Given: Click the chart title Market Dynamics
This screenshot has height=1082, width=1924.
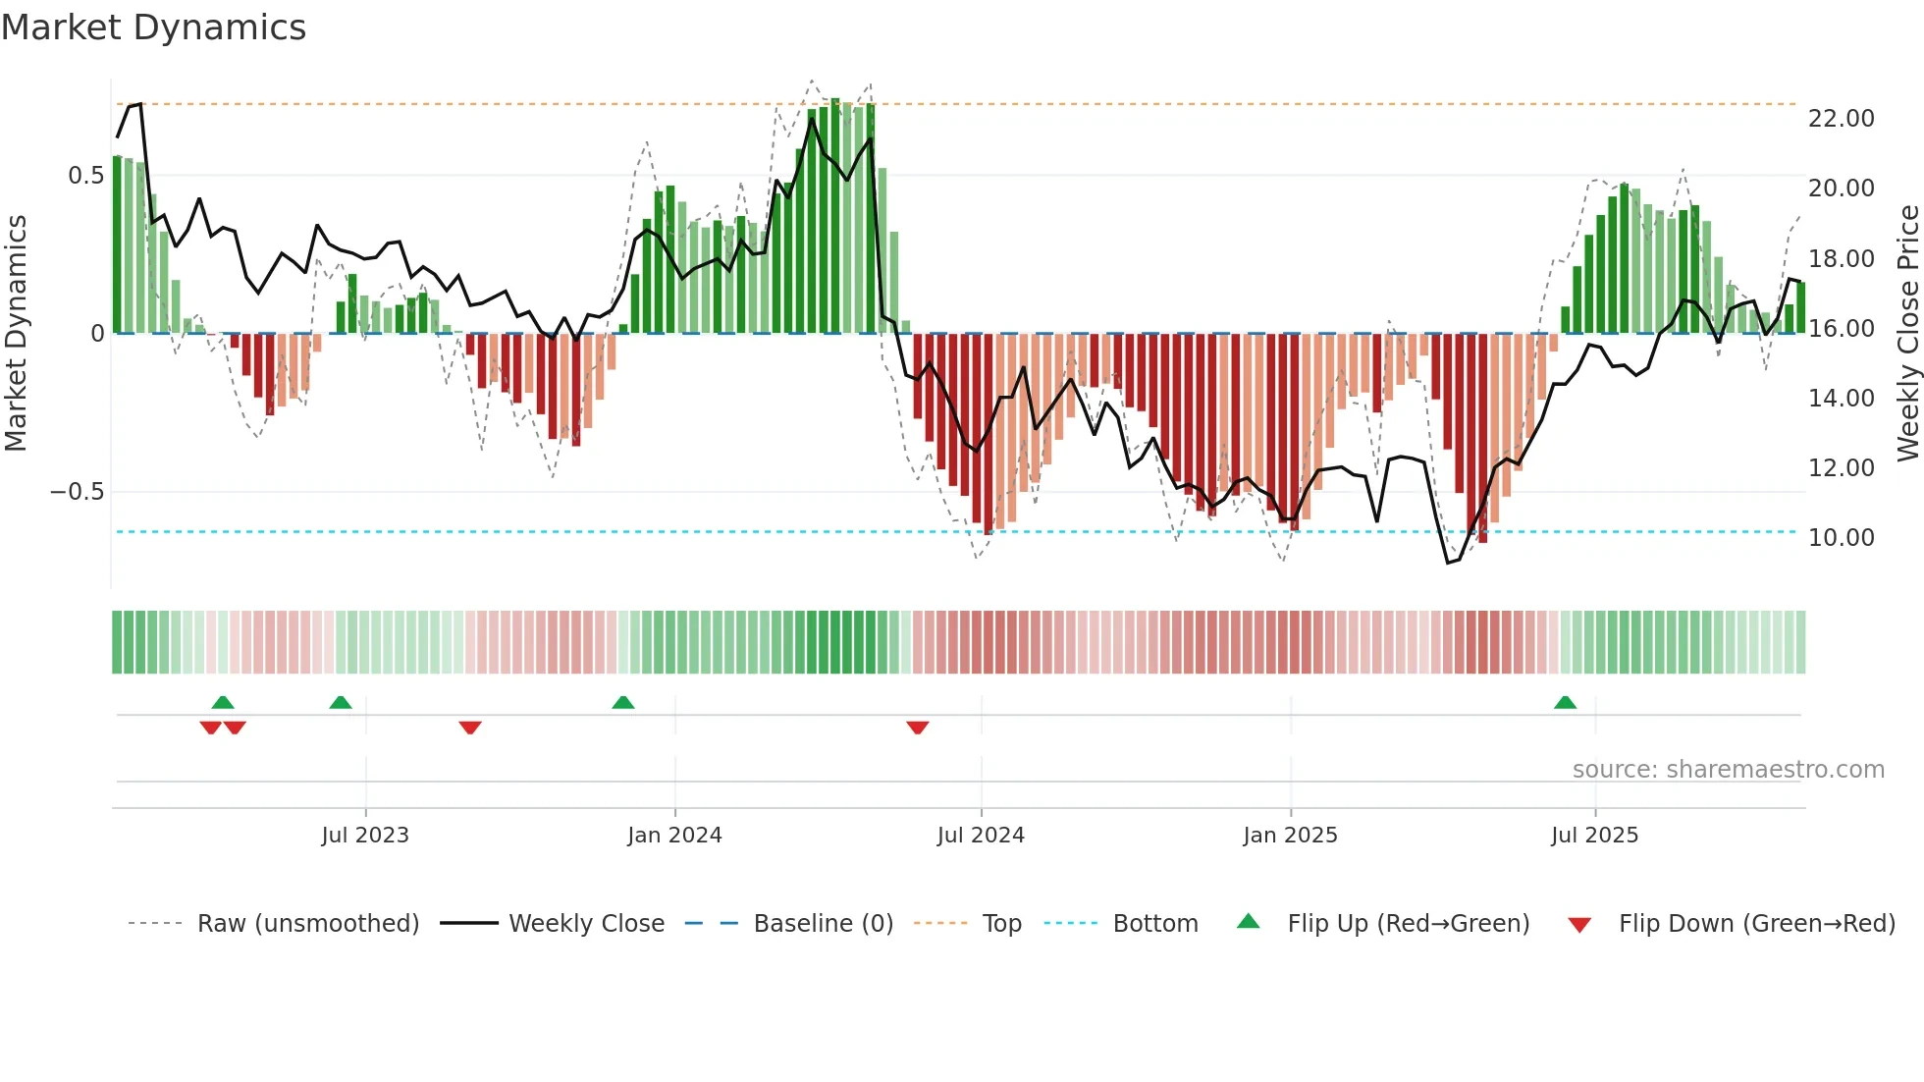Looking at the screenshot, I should tap(154, 27).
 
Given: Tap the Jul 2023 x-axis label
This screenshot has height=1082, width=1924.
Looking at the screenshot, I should tap(365, 836).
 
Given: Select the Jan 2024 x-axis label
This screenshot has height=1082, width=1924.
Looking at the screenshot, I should tap(674, 836).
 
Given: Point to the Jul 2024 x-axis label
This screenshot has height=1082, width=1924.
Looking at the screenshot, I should tap(981, 836).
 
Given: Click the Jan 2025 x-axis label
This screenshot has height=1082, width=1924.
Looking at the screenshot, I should tap(1290, 836).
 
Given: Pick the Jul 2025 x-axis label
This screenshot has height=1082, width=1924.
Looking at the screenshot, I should tap(1594, 836).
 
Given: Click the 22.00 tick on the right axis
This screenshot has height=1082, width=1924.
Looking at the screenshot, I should tap(1841, 119).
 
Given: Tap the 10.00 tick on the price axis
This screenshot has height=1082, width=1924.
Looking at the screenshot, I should tap(1841, 538).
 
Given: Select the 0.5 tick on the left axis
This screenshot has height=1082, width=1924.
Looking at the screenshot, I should tap(86, 176).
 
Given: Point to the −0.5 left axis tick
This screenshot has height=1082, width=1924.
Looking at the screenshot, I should tap(78, 492).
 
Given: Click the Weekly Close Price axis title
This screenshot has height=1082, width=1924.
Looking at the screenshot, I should tap(1907, 334).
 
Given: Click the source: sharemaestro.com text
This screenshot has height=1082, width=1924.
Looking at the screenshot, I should tap(1728, 770).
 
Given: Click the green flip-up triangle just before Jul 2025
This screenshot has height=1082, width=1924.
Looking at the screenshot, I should tap(1565, 703).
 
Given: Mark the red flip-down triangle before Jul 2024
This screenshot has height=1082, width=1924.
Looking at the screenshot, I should tap(917, 728).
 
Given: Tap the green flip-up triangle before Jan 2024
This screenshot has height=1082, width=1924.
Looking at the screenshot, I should tap(622, 703).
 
